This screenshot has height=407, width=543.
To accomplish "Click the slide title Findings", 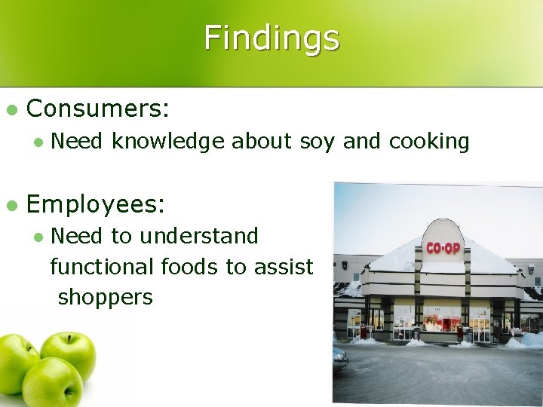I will (x=271, y=37).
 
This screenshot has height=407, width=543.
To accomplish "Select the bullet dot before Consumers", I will (x=11, y=110).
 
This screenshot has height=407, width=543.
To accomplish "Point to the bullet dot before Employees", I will (x=11, y=204).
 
